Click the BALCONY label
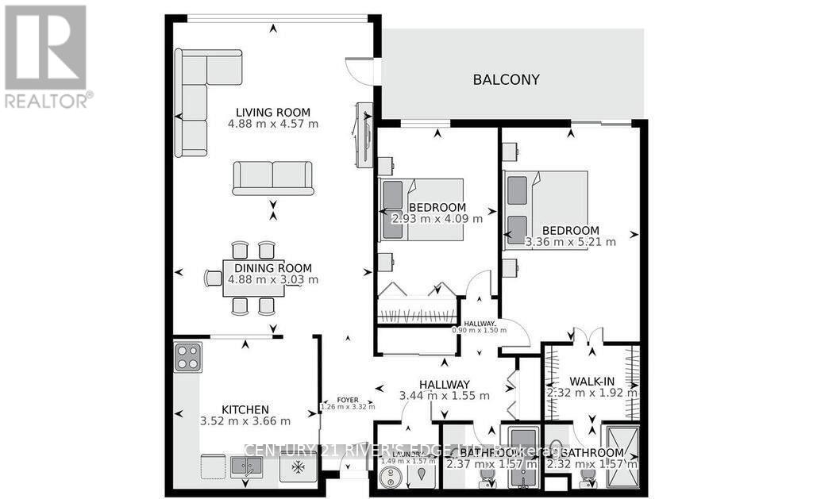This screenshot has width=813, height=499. tap(506, 79)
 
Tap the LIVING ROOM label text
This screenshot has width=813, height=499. tap(272, 112)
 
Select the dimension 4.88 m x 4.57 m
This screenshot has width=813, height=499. tap(272, 125)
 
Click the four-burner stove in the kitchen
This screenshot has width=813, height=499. tap(188, 358)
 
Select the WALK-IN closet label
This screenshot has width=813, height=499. tap(592, 380)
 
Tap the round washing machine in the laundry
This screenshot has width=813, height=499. tap(390, 478)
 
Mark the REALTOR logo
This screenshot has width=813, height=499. tap(46, 56)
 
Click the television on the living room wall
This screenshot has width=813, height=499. tap(364, 135)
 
